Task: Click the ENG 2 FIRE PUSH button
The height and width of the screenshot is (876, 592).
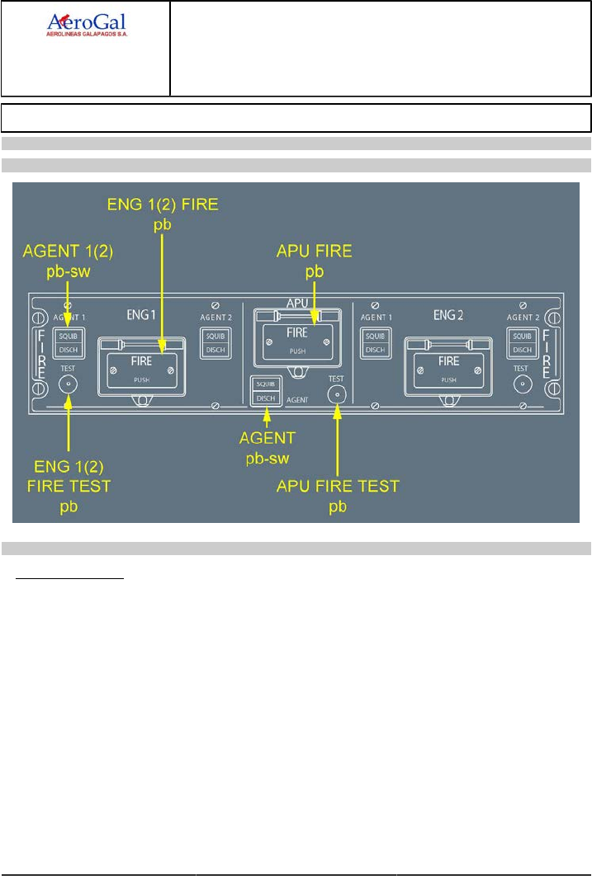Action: coord(448,365)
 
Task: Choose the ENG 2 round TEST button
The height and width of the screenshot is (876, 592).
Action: coord(521,384)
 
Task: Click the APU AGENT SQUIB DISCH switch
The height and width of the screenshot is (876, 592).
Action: coord(266,391)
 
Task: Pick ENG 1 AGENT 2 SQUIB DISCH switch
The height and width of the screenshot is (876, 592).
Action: coord(215,342)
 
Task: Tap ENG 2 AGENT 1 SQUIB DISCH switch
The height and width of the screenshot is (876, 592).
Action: coord(376,342)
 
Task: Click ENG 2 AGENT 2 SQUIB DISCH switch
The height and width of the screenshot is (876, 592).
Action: coord(521,342)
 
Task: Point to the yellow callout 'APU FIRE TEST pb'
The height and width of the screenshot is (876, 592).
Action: coord(338,494)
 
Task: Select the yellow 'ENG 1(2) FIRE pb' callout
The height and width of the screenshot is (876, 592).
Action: coord(164,213)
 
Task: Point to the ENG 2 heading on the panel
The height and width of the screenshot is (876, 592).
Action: coord(448,314)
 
